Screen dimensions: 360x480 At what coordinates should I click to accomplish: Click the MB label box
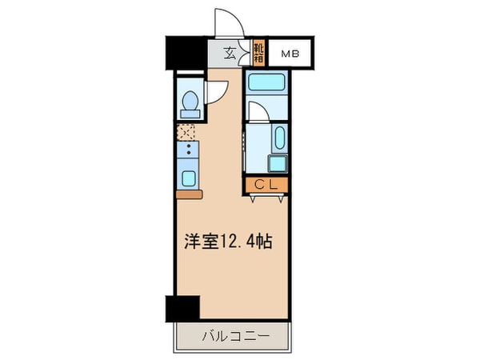point(290,54)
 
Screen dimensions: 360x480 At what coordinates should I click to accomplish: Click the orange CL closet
point(266,185)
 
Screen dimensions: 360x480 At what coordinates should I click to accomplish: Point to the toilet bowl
point(191,102)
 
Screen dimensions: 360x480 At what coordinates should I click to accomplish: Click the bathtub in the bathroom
point(267,82)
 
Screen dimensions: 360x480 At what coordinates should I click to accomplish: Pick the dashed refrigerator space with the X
point(188,131)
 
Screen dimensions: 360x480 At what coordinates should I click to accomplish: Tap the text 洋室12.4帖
point(230,242)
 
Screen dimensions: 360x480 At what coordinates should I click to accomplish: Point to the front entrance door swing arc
point(227,22)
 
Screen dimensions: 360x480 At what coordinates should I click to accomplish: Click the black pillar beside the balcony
point(182,308)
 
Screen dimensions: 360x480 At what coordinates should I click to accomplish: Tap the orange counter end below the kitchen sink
point(190,194)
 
